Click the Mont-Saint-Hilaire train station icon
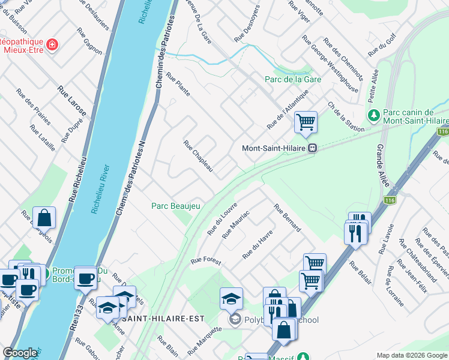(312, 148)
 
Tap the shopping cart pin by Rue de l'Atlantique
(306, 122)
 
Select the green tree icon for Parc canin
(373, 114)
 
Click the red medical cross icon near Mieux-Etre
(52, 44)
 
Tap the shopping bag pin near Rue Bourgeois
(44, 217)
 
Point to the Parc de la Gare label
(294, 79)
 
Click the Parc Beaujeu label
(175, 206)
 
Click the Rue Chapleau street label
(198, 156)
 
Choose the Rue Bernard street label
(287, 218)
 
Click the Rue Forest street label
(206, 262)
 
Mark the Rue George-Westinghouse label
(330, 65)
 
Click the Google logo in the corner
(20, 353)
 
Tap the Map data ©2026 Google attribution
(411, 355)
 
